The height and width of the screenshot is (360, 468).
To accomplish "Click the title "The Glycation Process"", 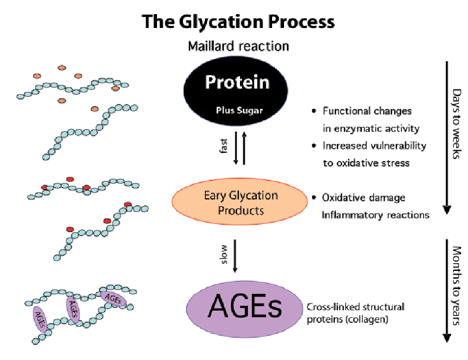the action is click(238, 22).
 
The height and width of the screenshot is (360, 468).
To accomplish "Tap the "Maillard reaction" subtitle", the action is click(238, 46).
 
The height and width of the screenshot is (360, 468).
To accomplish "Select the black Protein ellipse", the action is click(236, 91).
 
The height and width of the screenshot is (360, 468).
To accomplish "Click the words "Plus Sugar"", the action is click(239, 110).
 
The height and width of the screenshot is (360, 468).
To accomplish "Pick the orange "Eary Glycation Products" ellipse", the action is click(239, 201).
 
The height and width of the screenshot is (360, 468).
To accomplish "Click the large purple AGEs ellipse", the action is click(245, 309).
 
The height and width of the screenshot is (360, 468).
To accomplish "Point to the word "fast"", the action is click(224, 146).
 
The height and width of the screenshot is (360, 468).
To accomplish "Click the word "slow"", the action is click(224, 254).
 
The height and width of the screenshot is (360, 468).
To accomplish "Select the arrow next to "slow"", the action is click(235, 256).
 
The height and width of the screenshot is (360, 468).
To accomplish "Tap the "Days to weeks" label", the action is click(457, 124).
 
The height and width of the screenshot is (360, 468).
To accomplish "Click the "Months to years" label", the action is click(457, 285).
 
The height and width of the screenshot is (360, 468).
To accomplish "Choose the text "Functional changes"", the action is click(367, 111).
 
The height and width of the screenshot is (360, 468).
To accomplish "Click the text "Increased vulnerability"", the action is click(375, 146).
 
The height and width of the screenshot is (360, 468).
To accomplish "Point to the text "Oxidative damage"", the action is click(363, 197).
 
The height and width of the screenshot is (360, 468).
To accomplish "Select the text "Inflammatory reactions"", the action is click(375, 215).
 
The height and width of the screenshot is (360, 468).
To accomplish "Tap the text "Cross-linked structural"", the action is click(356, 307).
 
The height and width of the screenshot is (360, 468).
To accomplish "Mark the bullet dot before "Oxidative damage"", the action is click(314, 197).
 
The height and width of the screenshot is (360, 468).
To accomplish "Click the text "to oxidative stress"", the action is click(366, 163).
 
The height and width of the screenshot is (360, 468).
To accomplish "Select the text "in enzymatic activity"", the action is click(371, 128).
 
